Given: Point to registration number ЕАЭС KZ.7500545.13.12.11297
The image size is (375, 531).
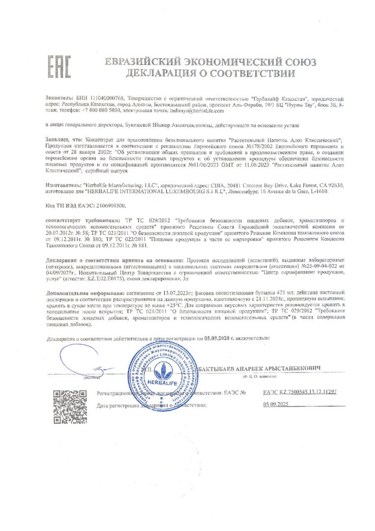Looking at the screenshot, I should (x=300, y=392).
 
